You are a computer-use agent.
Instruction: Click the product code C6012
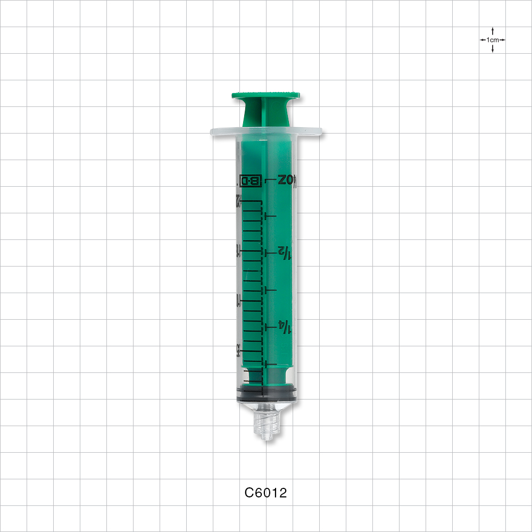point(265,493)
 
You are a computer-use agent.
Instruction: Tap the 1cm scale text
point(493,40)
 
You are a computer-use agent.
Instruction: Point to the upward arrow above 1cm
point(493,31)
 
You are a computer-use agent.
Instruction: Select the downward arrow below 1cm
point(493,49)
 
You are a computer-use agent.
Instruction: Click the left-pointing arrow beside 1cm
point(483,40)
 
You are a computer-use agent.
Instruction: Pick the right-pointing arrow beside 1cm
point(502,40)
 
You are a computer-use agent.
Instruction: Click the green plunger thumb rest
point(265,96)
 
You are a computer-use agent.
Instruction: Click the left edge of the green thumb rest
point(234,96)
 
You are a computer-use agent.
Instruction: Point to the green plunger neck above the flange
point(265,114)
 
